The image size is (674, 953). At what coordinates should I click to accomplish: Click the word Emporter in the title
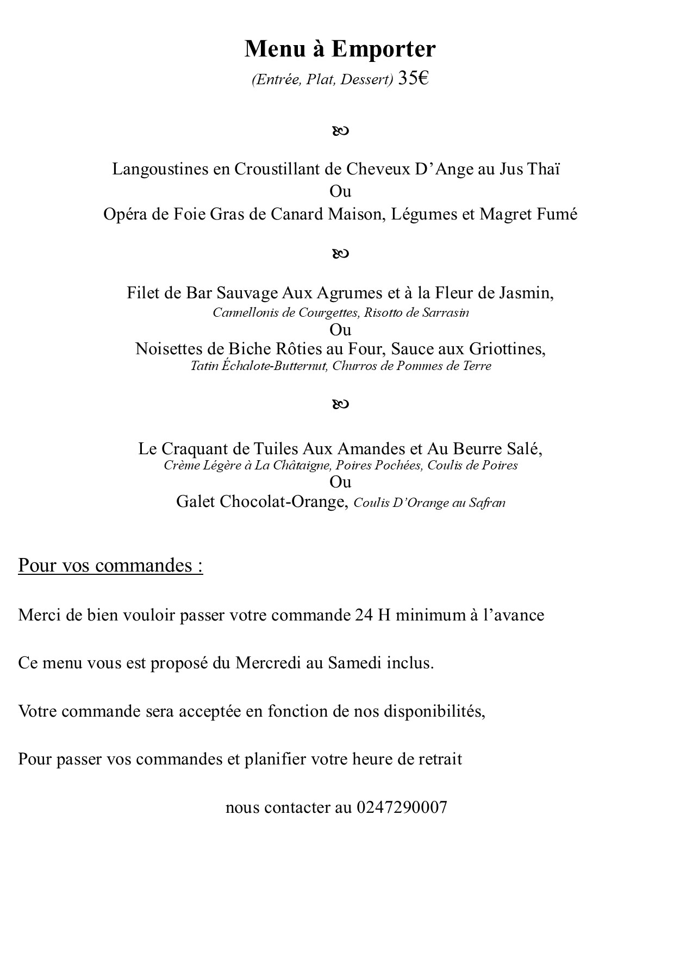383,49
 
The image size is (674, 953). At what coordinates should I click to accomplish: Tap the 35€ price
413,79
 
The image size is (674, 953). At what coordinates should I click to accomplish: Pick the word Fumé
557,214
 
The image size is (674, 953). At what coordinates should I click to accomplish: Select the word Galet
195,501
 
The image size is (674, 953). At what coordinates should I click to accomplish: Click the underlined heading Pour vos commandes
110,566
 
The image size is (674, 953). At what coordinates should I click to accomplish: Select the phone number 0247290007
402,807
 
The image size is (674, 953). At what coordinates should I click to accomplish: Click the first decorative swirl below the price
340,131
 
